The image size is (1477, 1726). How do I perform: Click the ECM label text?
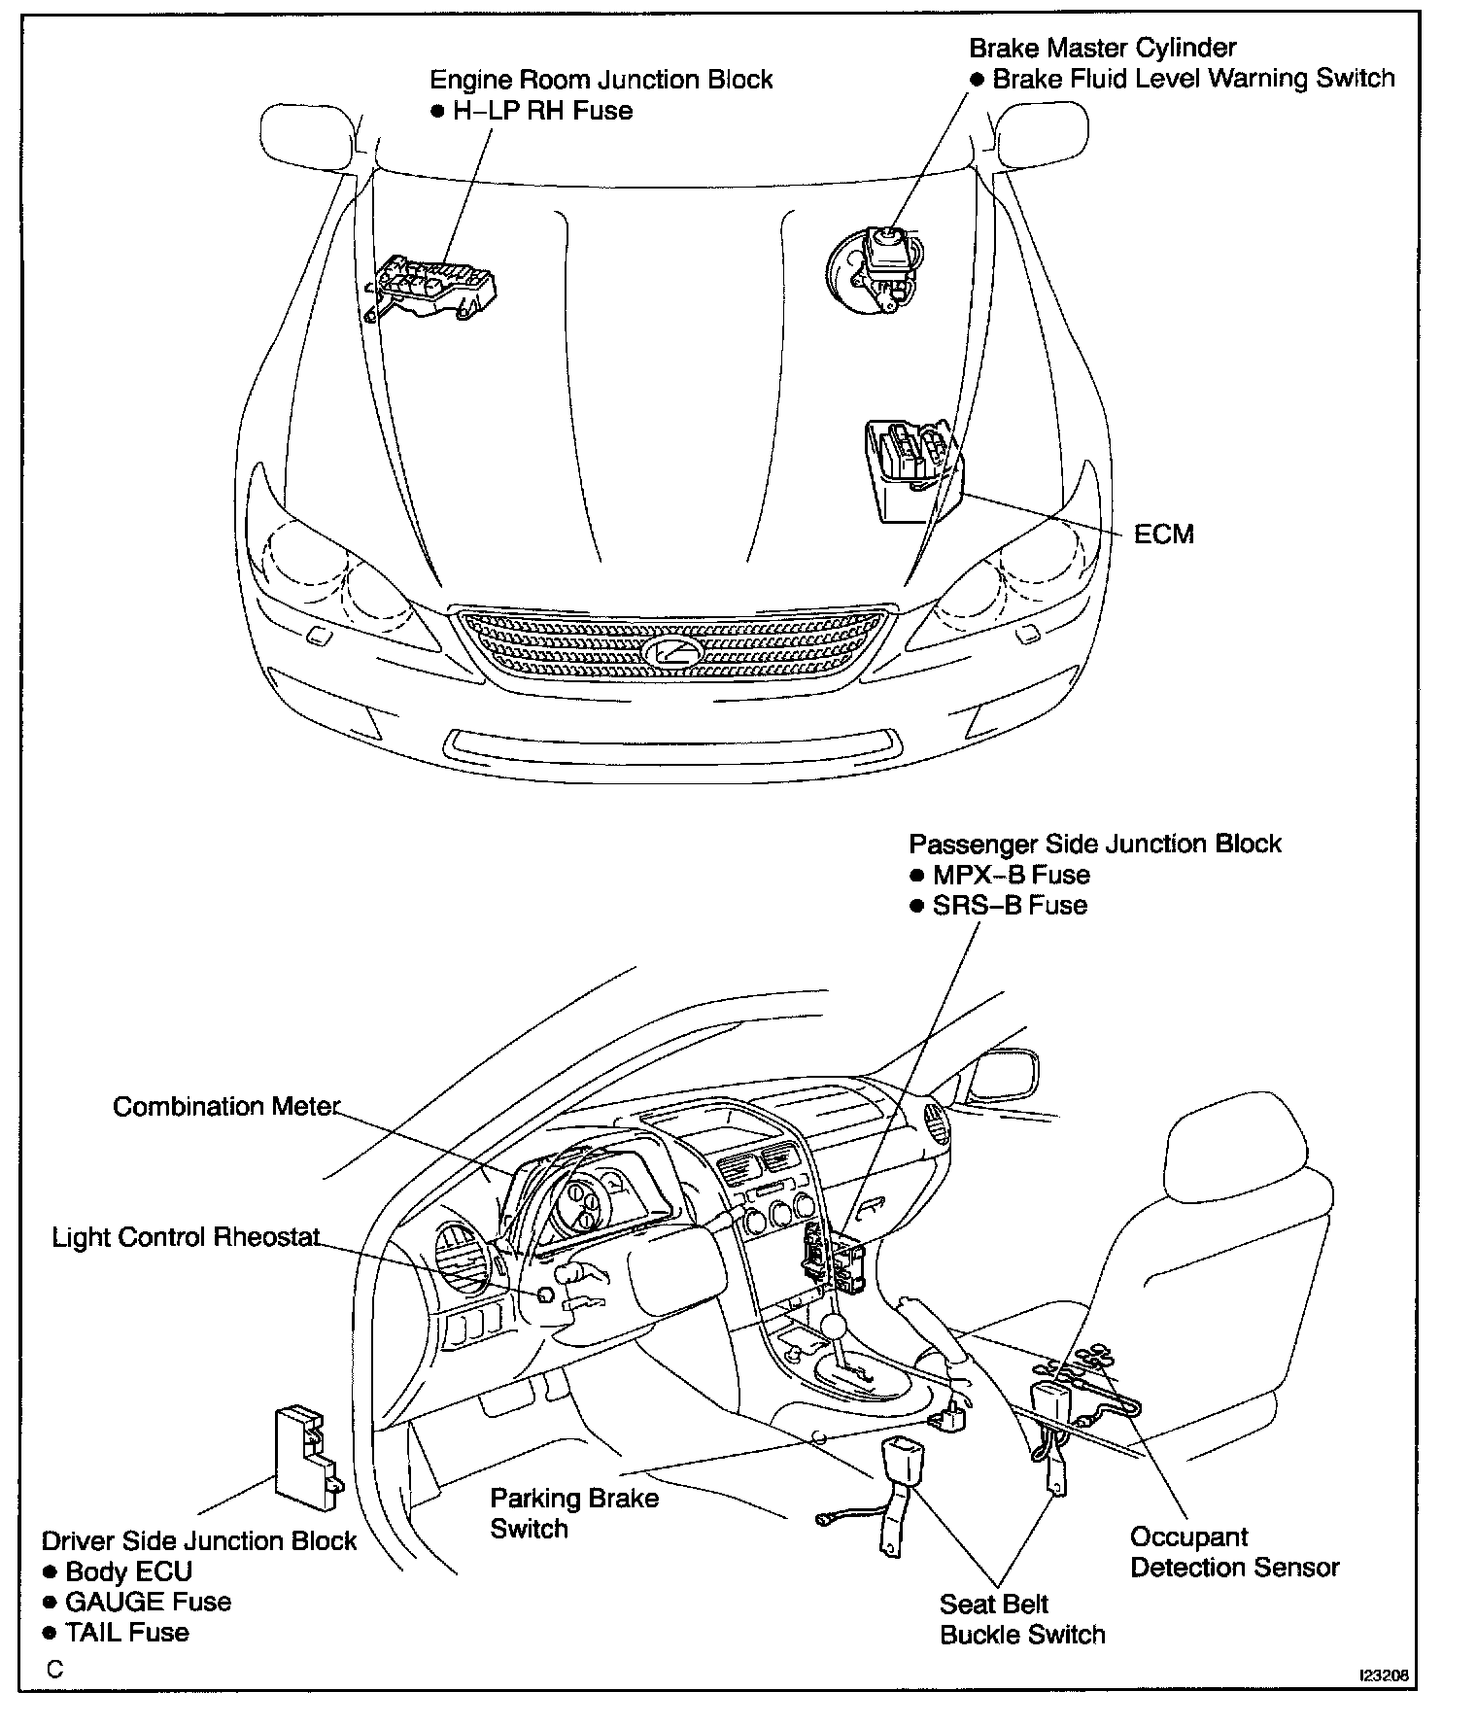[x=1163, y=534]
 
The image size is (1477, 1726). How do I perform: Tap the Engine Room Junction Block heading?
[x=601, y=80]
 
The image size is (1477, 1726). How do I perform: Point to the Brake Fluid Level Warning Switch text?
[x=1193, y=79]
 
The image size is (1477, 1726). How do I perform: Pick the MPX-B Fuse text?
[x=1011, y=875]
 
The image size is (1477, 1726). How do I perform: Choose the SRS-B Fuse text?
[x=1009, y=906]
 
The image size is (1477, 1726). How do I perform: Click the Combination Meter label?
[x=226, y=1107]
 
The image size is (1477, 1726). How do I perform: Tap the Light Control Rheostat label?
[x=186, y=1237]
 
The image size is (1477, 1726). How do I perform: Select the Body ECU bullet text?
[x=128, y=1571]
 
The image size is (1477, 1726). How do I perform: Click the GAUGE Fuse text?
[x=148, y=1602]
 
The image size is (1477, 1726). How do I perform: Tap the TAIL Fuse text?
[x=126, y=1632]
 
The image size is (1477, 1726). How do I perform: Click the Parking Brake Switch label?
[x=573, y=1512]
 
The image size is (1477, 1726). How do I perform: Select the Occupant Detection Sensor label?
[x=1234, y=1552]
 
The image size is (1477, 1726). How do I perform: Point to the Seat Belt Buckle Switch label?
[x=1021, y=1619]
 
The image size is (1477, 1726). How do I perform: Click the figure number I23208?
[x=1384, y=1676]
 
